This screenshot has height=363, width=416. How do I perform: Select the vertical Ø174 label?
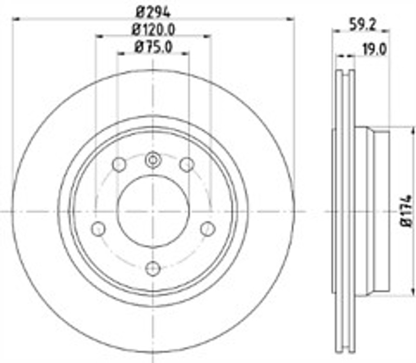point(406,210)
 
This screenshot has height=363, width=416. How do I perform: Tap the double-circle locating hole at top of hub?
point(153,159)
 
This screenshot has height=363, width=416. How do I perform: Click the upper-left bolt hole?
point(119,165)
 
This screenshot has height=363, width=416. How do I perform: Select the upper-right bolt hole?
point(187,165)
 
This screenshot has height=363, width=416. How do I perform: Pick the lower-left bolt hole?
point(98,228)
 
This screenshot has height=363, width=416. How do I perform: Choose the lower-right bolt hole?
point(207,228)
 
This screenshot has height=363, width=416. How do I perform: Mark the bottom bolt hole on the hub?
point(153,268)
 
